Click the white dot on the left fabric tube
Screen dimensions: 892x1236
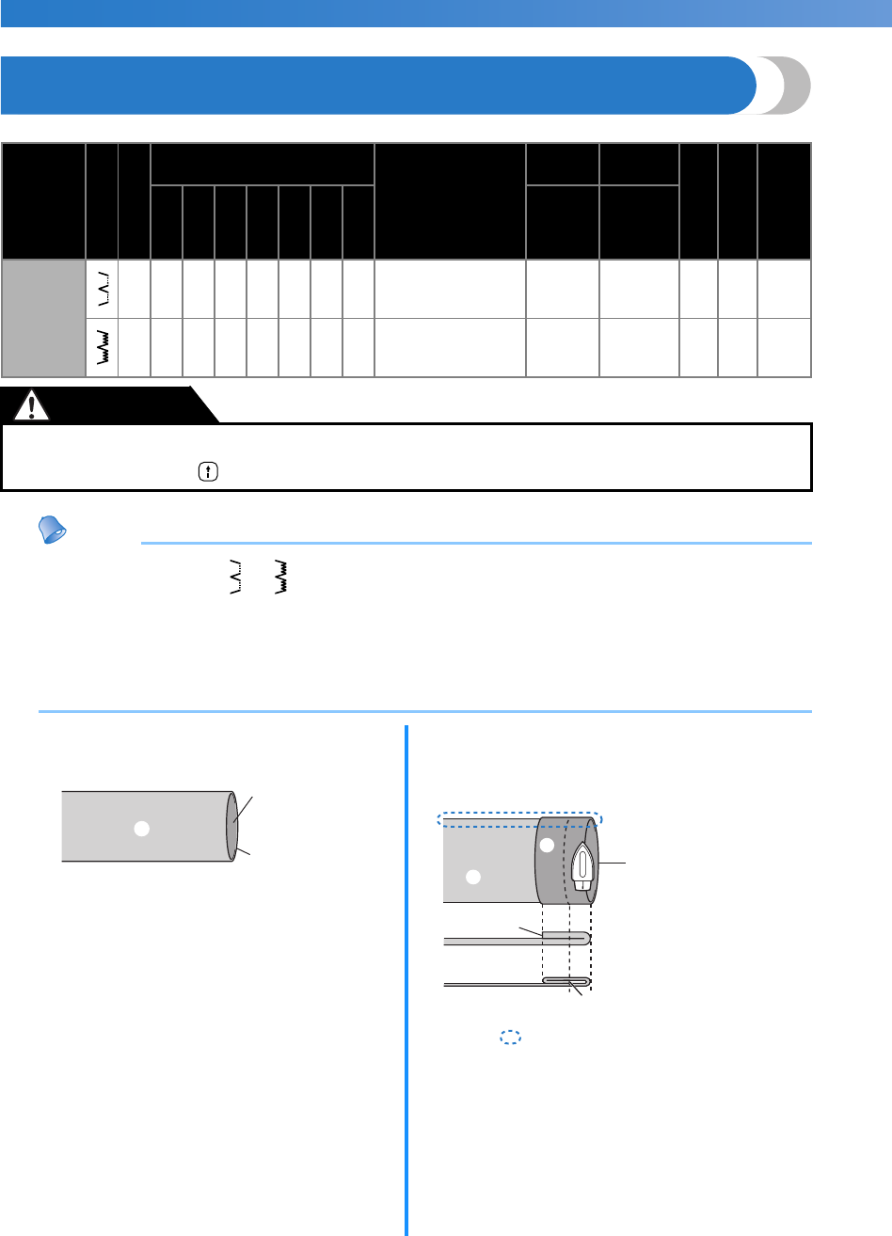pyautogui.click(x=141, y=829)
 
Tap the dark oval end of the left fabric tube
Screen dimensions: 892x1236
pyautogui.click(x=231, y=828)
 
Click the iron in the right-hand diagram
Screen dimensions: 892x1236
pyautogui.click(x=581, y=865)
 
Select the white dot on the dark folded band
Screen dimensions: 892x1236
pyautogui.click(x=546, y=846)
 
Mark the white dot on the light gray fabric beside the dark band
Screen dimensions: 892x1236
pyautogui.click(x=473, y=877)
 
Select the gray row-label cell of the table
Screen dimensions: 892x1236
pyautogui.click(x=43, y=318)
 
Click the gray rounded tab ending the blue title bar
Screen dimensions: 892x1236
pyautogui.click(x=787, y=86)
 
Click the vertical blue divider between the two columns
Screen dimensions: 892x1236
pyautogui.click(x=406, y=978)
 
